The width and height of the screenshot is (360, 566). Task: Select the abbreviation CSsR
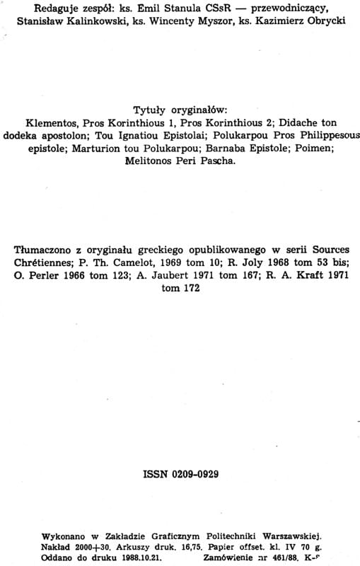pyautogui.click(x=199, y=9)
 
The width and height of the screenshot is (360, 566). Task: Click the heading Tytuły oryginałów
pyautogui.click(x=179, y=110)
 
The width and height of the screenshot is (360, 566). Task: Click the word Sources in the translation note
pyautogui.click(x=327, y=250)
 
